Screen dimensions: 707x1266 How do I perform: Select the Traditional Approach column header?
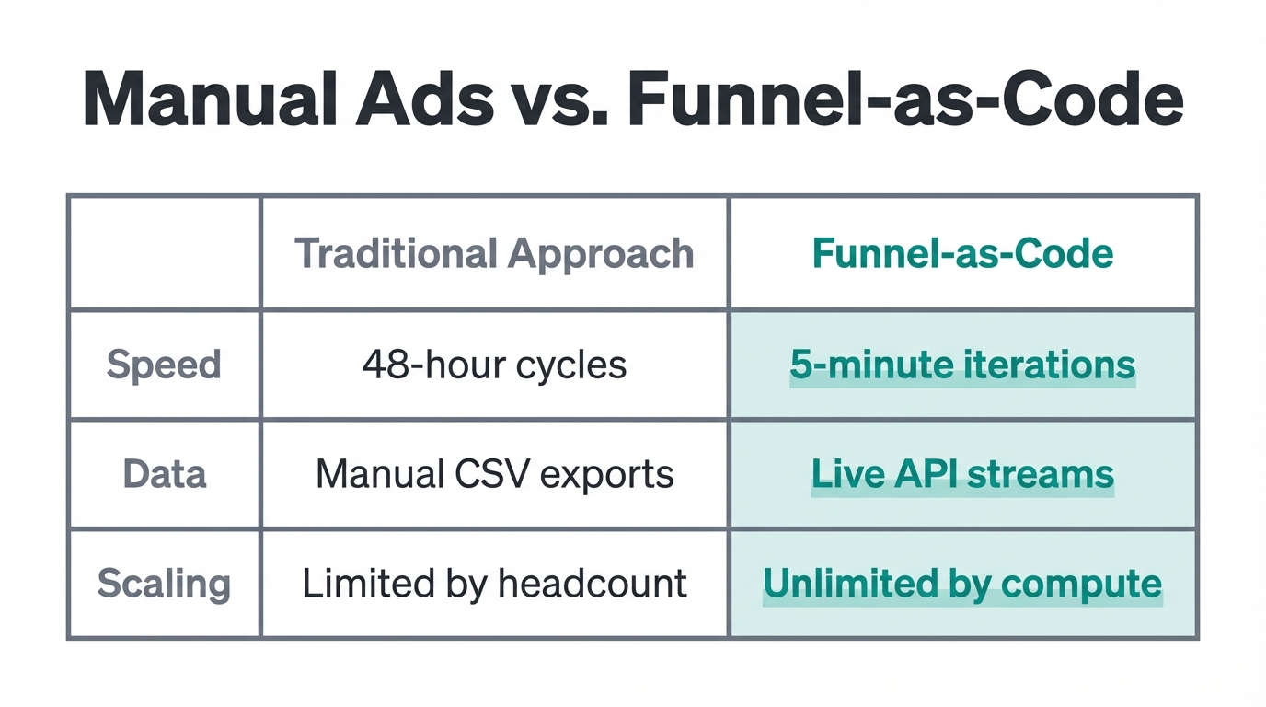(494, 253)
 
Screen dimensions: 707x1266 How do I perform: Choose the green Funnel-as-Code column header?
(962, 253)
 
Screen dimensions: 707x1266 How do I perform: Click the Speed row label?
(164, 365)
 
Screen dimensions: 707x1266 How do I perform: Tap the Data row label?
(164, 474)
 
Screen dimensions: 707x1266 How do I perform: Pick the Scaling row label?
(164, 584)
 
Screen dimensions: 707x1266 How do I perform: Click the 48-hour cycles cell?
(494, 365)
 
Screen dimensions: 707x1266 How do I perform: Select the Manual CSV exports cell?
(494, 474)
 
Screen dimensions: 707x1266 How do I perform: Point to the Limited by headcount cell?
(494, 584)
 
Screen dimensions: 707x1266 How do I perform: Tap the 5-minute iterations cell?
(962, 365)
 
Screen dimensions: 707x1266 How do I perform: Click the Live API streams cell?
(962, 474)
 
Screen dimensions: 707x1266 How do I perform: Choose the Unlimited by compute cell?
(962, 584)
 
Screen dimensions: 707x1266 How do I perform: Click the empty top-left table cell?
(164, 253)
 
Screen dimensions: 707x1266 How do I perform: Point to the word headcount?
(592, 584)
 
